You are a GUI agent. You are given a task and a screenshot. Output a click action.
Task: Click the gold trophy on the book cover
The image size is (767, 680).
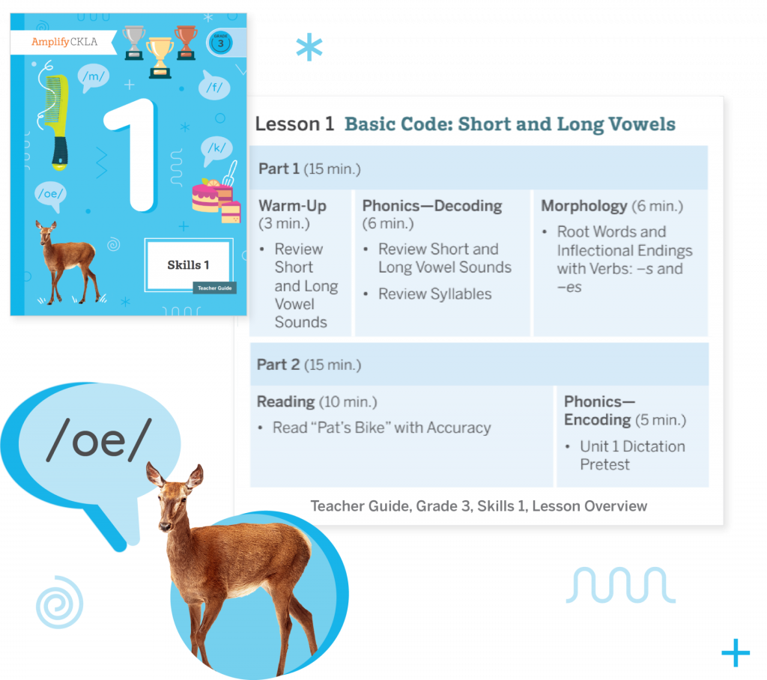[x=160, y=57]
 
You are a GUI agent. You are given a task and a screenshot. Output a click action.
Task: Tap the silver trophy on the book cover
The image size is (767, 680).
[x=134, y=41]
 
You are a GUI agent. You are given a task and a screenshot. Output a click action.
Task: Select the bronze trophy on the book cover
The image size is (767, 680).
[x=185, y=41]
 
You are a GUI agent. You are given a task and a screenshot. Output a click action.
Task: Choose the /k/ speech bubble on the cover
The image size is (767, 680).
[x=217, y=148]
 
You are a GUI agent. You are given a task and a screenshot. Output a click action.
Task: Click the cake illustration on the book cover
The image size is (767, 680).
[x=215, y=198]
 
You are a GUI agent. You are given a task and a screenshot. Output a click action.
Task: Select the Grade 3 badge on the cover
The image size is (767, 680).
[x=220, y=42]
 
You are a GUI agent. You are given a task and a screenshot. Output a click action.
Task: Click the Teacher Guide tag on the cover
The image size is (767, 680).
[x=214, y=287]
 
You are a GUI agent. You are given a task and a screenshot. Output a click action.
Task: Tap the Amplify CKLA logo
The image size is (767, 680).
[x=64, y=42]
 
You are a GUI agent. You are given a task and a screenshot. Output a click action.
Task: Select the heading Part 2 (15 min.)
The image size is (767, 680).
[x=309, y=365]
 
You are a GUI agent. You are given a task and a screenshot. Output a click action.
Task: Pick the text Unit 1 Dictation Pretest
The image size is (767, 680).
[x=631, y=455]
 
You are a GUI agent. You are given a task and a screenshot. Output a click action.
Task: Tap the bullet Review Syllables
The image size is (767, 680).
[x=434, y=294]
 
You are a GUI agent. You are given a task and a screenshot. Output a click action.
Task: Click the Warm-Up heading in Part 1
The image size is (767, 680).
[x=292, y=205]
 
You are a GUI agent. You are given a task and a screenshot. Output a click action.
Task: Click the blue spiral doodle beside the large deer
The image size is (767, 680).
[x=59, y=601]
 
